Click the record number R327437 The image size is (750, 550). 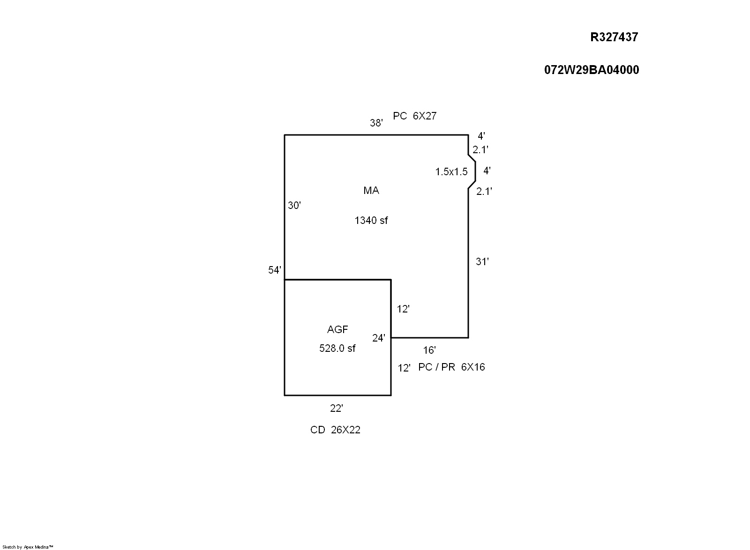pos(614,37)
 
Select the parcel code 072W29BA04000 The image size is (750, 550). pos(592,70)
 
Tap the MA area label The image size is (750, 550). pos(371,191)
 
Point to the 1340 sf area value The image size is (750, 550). pos(371,220)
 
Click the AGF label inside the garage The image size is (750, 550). pos(337,330)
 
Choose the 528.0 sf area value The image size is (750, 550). pos(337,349)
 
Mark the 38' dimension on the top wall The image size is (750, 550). pos(376,123)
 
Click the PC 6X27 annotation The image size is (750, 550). pos(415,116)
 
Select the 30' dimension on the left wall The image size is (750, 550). pos(294,205)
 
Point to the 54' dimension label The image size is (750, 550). pos(275,270)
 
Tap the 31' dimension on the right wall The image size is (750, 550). pos(482,262)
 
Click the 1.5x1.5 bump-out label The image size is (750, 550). pos(451,172)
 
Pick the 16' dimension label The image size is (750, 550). pos(429,350)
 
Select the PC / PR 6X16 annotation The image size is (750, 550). pos(451,367)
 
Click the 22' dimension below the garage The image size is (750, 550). pos(337,409)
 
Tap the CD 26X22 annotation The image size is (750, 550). pos(335,430)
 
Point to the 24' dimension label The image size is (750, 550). pos(379,338)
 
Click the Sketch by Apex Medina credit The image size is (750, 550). pos(28,547)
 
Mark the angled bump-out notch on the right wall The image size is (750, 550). pos(472,171)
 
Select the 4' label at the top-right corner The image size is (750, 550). pos(481,136)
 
